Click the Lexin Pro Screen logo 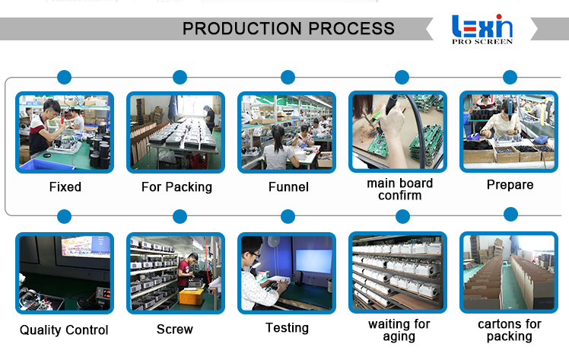click(482, 29)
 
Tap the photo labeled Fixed click(65, 131)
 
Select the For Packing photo click(176, 131)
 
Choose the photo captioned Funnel click(288, 131)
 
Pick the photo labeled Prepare click(510, 131)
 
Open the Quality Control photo click(65, 272)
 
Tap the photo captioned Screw click(176, 272)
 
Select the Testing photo click(288, 272)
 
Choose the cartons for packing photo click(510, 272)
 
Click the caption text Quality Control click(65, 330)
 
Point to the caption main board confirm click(399, 190)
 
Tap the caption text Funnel click(288, 186)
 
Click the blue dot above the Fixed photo click(65, 77)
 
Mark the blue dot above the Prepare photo click(510, 77)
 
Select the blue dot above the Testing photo click(288, 217)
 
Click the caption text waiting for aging click(399, 330)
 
